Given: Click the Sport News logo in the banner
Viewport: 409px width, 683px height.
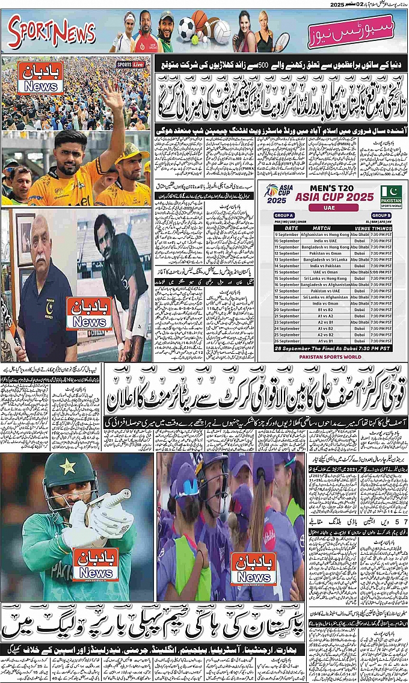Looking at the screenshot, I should pyautogui.click(x=52, y=31).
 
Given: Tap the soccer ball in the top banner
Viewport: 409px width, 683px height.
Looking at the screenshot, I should pyautogui.click(x=186, y=28).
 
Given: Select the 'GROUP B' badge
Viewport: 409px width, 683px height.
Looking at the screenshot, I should pyautogui.click(x=380, y=215).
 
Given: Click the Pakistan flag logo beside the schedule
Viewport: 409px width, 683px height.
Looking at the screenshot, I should pyautogui.click(x=391, y=197).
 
